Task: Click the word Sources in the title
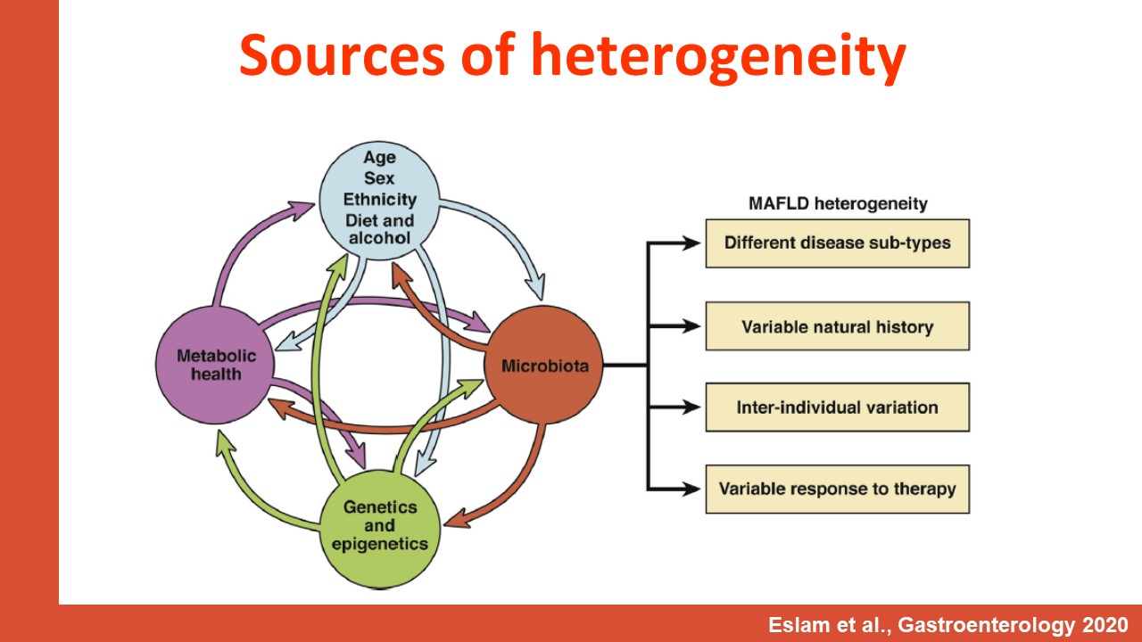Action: coord(342,55)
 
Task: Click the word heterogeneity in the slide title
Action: coord(718,58)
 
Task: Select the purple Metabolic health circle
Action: coord(215,365)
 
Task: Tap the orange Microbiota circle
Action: coord(544,365)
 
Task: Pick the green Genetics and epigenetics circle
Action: coord(380,529)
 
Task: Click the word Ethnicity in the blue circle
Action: coord(380,199)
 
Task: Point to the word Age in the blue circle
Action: coord(380,157)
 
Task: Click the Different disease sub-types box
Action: coord(838,243)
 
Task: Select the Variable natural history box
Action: coord(838,326)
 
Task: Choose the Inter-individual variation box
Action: coord(838,407)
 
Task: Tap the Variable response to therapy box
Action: coord(838,490)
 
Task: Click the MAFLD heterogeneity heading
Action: coord(838,203)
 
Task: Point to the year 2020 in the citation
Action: coord(1102,625)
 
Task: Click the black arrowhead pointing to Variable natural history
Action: coord(691,326)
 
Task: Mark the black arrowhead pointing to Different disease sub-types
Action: coord(691,243)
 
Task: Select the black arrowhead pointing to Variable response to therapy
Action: coord(691,490)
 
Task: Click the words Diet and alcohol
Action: coord(380,229)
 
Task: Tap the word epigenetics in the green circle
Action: coord(380,544)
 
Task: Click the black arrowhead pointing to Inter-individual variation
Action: coord(691,407)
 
